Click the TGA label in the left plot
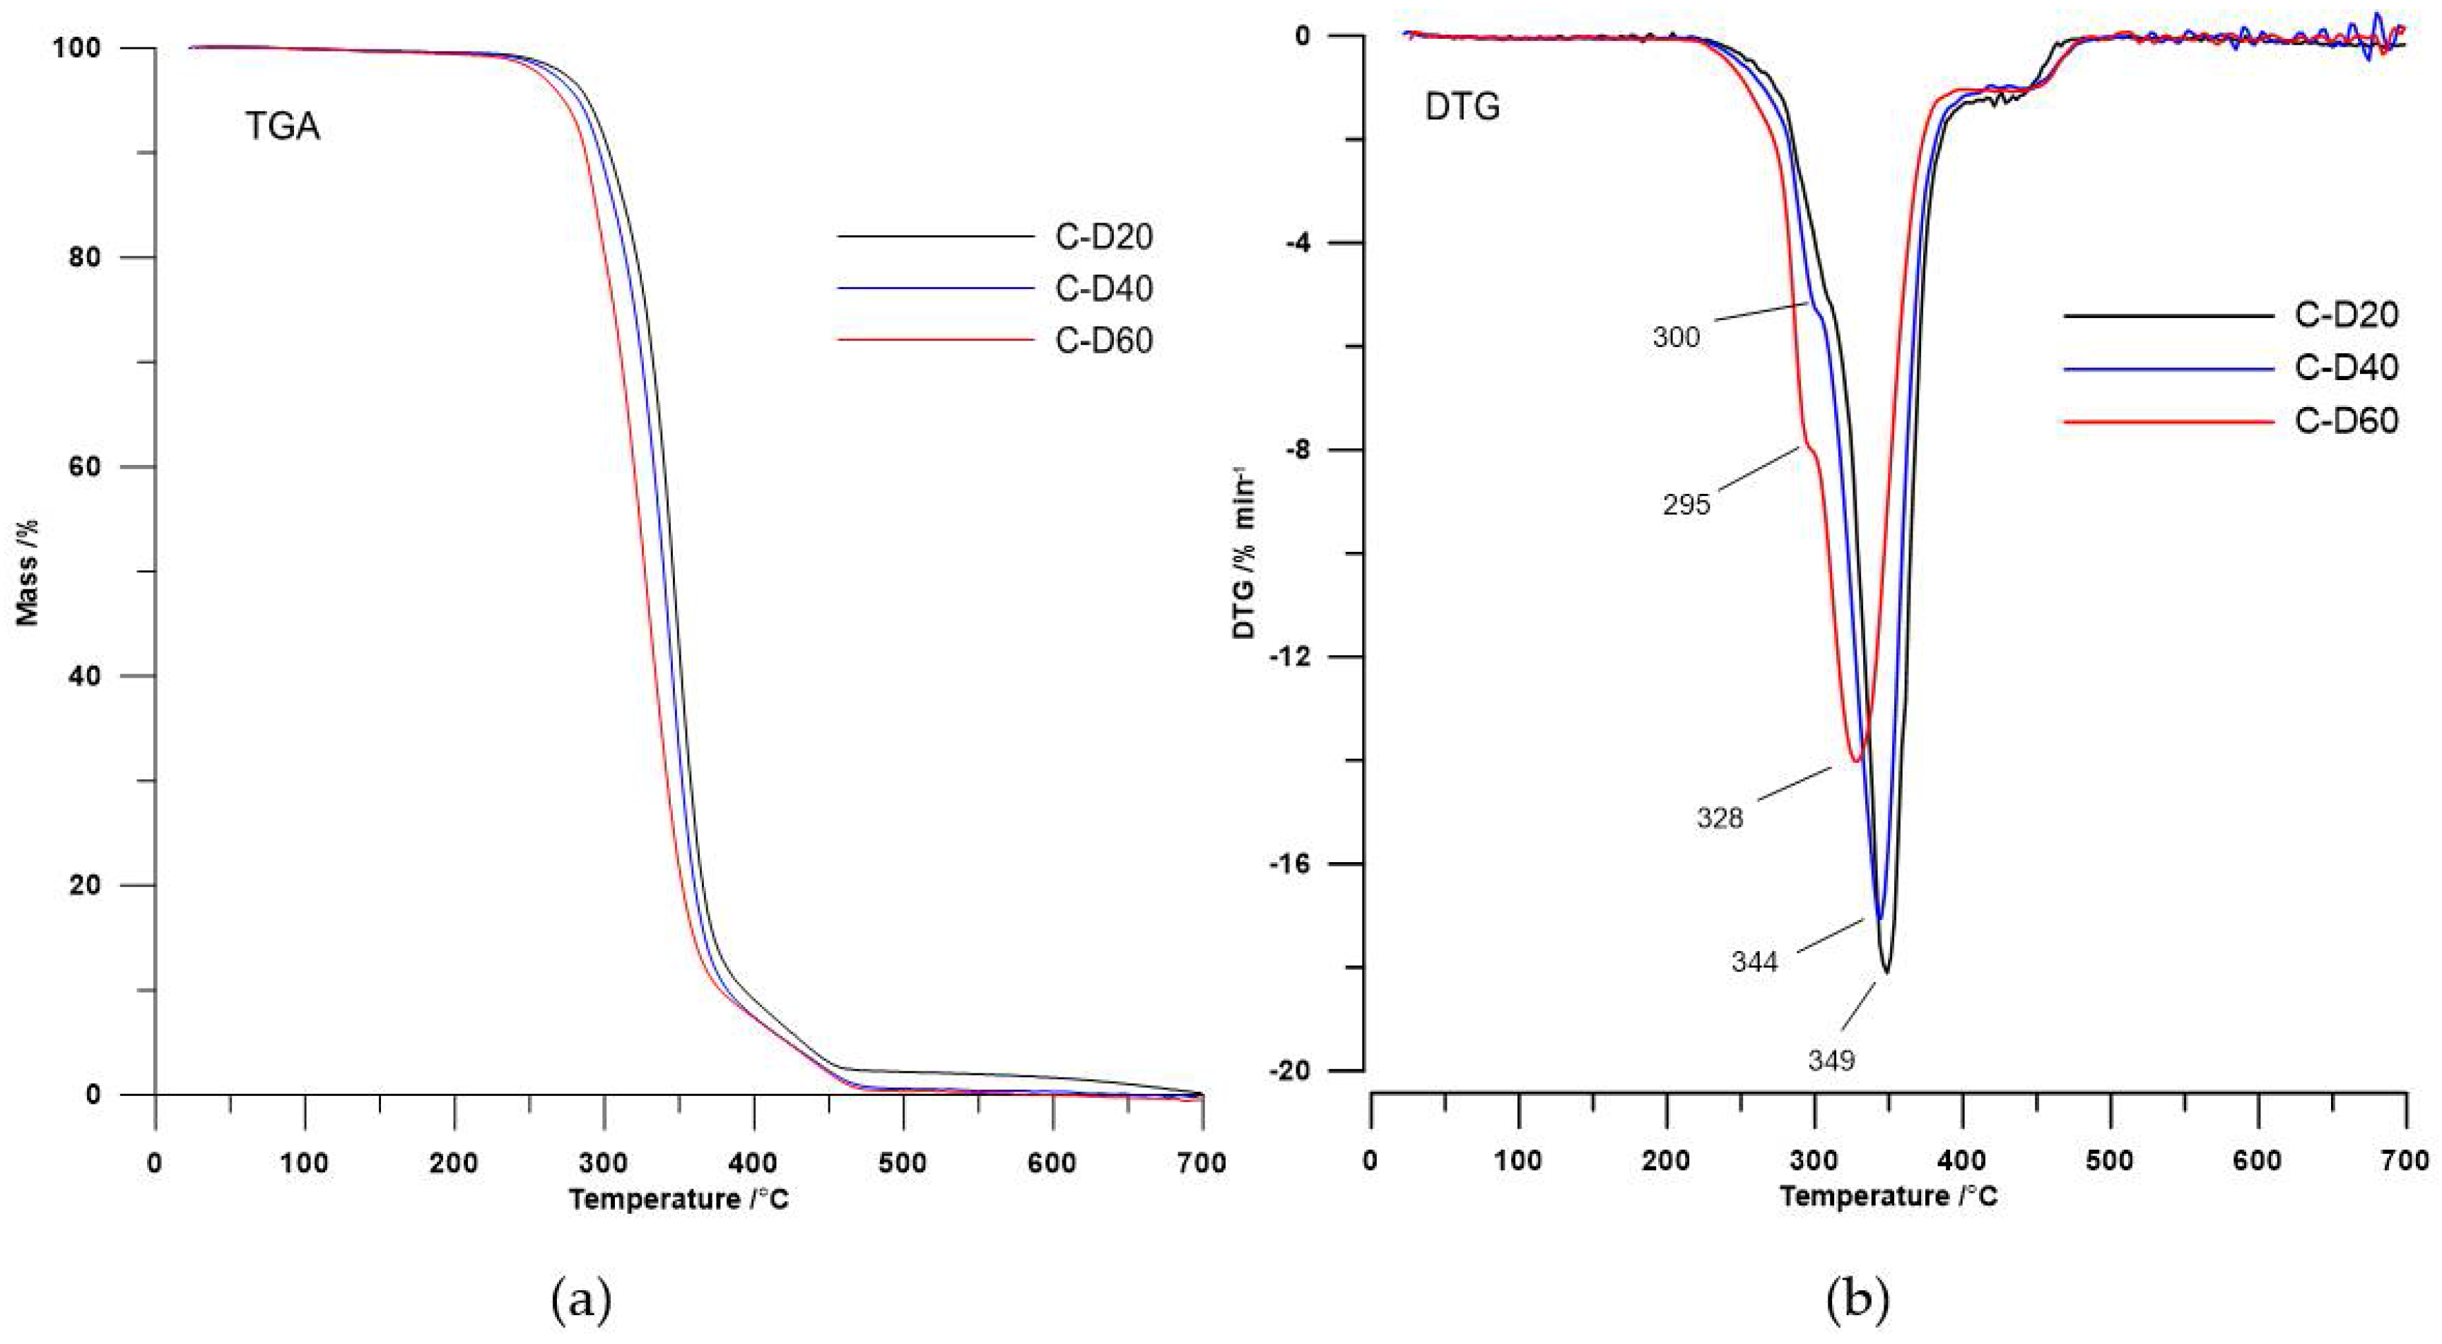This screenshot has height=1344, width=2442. (283, 126)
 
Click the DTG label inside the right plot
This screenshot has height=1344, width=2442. (1463, 107)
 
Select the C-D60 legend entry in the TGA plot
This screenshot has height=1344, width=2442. (1103, 341)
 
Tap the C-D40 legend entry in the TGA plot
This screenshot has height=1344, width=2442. (1103, 288)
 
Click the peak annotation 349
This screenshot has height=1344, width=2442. (1831, 1061)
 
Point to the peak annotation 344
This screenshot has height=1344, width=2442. (1755, 962)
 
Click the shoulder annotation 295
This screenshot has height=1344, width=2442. (1686, 505)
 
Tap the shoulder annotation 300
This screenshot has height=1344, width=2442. (1676, 336)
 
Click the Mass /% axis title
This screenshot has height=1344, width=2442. (28, 572)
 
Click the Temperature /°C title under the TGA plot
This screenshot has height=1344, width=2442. (679, 1199)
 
